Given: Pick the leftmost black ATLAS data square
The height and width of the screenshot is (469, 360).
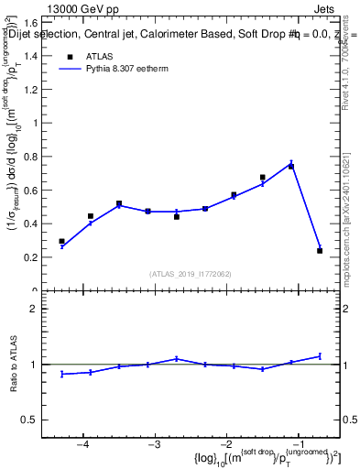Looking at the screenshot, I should point(61,242).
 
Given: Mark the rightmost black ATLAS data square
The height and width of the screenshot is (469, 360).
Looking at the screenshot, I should point(320,251).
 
